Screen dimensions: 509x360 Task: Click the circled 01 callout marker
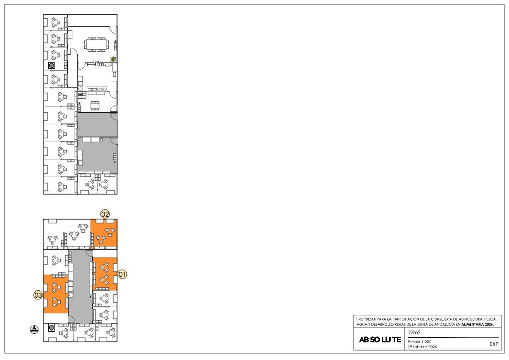tap(122, 275)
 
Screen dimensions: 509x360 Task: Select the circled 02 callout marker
tap(105, 214)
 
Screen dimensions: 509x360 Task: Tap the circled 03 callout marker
tap(38, 295)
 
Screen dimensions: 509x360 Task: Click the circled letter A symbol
tap(34, 329)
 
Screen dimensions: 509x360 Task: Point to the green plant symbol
tap(113, 59)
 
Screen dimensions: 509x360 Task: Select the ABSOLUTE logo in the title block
tap(380, 340)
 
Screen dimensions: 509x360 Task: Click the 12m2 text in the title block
tap(414, 332)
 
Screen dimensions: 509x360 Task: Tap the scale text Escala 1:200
tap(420, 342)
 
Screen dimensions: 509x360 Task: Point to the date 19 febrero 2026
tap(422, 347)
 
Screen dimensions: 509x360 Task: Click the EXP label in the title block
tap(494, 344)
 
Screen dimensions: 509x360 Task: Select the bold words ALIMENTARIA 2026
tap(477, 324)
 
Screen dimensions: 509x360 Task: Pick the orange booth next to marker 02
tap(104, 233)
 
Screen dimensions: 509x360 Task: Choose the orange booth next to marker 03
tap(56, 294)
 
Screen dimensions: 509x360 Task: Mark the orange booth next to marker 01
tap(105, 274)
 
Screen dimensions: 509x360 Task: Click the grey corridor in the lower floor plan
tap(80, 286)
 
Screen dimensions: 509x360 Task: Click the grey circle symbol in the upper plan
tap(52, 66)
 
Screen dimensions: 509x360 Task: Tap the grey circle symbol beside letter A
tap(52, 328)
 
